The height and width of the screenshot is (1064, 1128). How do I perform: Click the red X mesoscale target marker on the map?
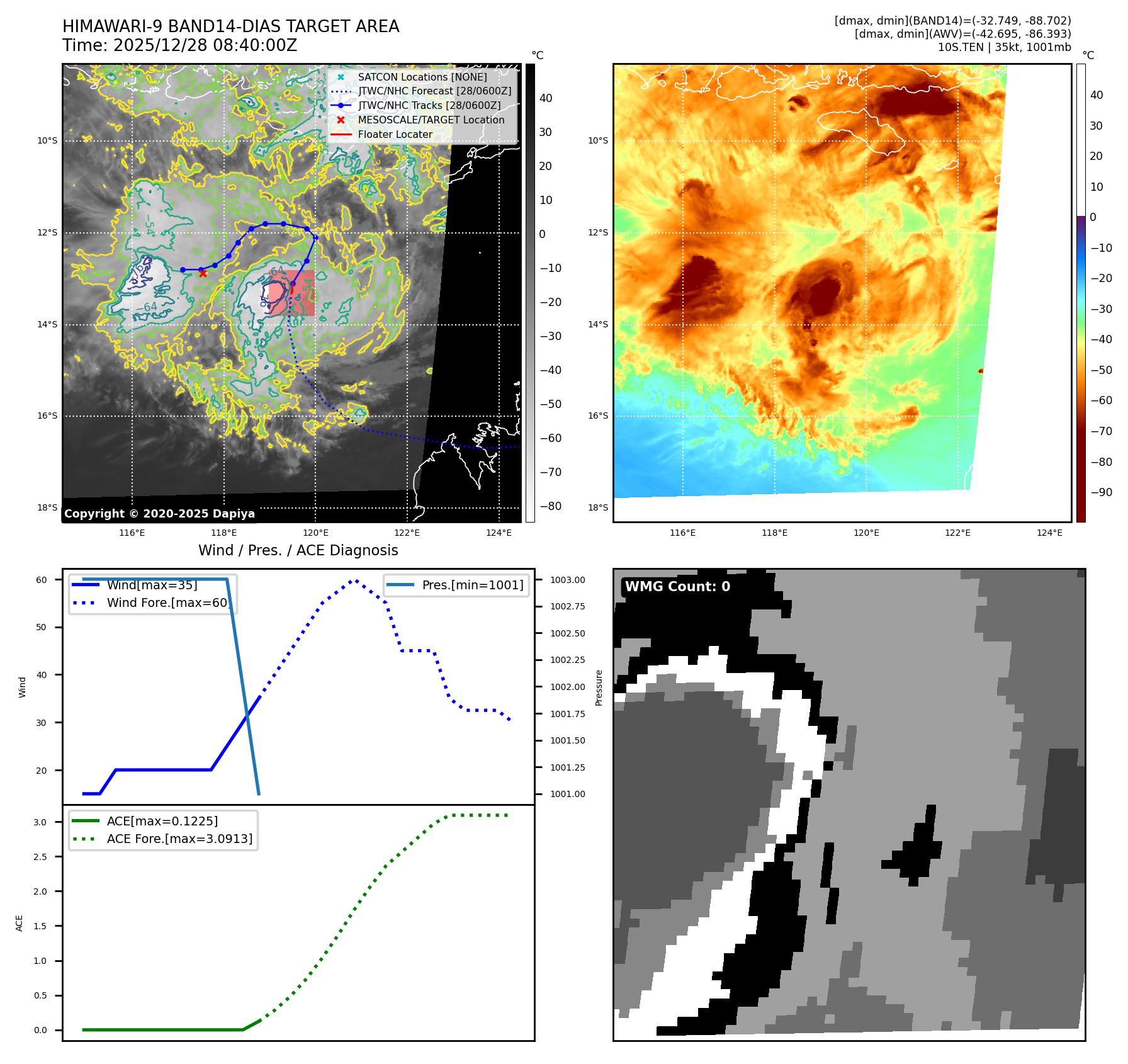pos(203,273)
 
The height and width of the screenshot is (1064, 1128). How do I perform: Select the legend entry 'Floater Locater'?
pos(395,134)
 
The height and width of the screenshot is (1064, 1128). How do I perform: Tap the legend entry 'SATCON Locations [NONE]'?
pos(422,77)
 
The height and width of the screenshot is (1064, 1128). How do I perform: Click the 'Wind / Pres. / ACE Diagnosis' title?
pos(298,550)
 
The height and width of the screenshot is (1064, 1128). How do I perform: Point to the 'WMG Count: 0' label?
pos(677,587)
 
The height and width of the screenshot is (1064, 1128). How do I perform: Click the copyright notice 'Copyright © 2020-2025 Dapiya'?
pos(159,514)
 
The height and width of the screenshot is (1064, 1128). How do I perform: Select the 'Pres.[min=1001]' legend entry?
pos(472,585)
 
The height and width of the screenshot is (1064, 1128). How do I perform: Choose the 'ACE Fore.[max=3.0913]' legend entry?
pos(179,839)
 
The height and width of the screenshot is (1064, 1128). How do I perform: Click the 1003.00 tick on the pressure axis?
pos(567,580)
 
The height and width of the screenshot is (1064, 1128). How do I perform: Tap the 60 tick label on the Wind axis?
pos(42,580)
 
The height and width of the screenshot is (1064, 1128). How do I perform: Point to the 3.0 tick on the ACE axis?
pos(40,822)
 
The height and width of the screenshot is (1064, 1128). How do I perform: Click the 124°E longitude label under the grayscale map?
pos(499,533)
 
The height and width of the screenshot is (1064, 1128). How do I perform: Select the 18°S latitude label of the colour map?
pos(598,507)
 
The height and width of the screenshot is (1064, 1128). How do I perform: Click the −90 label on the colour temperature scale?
pos(1101,492)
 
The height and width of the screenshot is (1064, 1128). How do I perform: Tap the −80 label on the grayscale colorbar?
pos(550,506)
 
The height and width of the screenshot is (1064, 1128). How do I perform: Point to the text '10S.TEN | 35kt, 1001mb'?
pos(1004,47)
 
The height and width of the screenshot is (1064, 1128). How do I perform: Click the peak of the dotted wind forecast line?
pos(355,580)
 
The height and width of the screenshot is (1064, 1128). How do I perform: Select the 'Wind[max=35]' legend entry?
pos(152,585)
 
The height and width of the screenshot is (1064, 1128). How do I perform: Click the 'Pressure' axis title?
pos(599,688)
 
